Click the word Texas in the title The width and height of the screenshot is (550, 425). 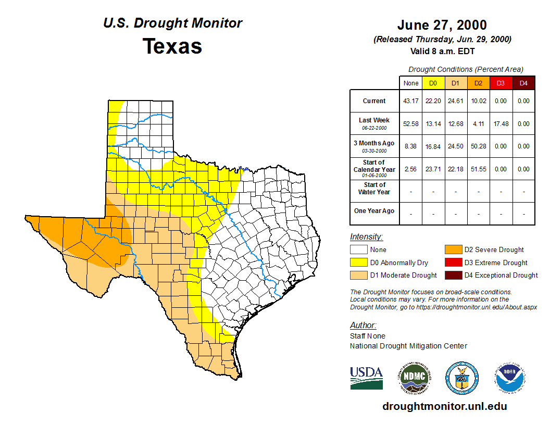172,46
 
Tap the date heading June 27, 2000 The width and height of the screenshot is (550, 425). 442,25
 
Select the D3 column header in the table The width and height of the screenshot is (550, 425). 501,83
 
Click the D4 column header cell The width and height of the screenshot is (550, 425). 523,83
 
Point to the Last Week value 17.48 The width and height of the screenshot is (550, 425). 501,124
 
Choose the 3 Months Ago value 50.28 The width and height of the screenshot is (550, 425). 478,146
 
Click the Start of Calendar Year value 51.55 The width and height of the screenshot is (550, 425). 478,169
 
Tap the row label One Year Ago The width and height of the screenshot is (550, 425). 374,211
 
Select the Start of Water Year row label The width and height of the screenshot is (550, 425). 374,189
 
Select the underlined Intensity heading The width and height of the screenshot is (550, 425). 366,237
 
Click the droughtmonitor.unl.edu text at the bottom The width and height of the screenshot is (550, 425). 444,406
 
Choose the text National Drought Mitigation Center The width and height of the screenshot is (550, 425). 408,346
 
